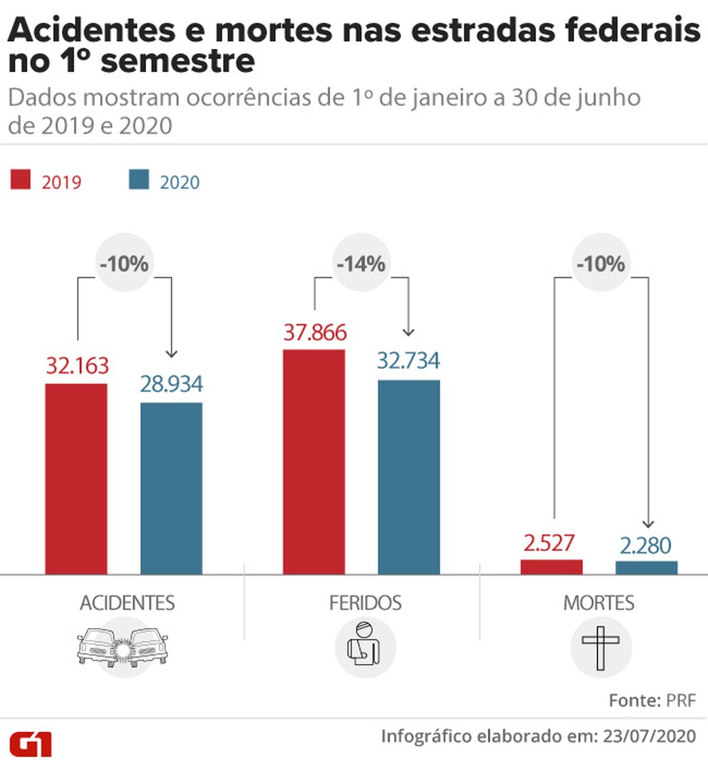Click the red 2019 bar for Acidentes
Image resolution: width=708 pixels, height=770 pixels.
[x=76, y=478]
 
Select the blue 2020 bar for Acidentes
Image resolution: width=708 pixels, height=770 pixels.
[x=171, y=488]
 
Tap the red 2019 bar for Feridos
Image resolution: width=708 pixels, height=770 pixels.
[x=314, y=461]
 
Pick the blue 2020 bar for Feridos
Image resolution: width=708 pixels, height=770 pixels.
[x=409, y=476]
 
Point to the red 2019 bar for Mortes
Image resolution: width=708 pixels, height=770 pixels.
[x=551, y=567]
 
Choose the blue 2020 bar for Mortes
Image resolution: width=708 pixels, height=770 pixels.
[x=646, y=568]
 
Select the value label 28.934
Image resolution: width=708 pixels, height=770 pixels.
[x=171, y=384]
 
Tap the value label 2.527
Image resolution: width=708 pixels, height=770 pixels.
[x=550, y=543]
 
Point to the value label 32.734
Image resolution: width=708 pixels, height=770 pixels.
[x=409, y=361]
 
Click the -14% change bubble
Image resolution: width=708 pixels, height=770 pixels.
[x=360, y=264]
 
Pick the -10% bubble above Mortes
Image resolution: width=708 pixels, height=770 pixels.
[x=599, y=264]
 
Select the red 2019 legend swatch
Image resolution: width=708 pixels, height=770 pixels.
[x=21, y=180]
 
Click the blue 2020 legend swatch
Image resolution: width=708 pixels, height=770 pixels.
[x=139, y=180]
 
